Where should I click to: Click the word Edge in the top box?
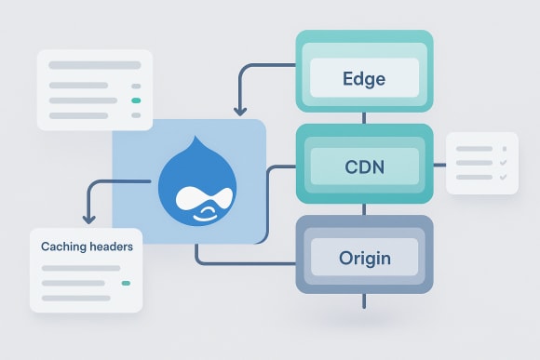(364, 77)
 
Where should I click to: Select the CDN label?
(364, 169)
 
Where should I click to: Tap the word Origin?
(364, 258)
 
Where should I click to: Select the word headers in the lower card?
(109, 247)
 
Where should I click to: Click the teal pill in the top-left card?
(136, 100)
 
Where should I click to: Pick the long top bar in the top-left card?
(94, 66)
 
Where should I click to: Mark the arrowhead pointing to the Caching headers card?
(88, 220)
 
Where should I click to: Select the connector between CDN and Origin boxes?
(364, 207)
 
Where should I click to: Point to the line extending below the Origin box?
(364, 300)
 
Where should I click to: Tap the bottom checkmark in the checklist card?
(503, 177)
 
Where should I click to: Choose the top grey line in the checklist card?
(474, 147)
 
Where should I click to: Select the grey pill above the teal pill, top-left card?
(136, 84)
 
